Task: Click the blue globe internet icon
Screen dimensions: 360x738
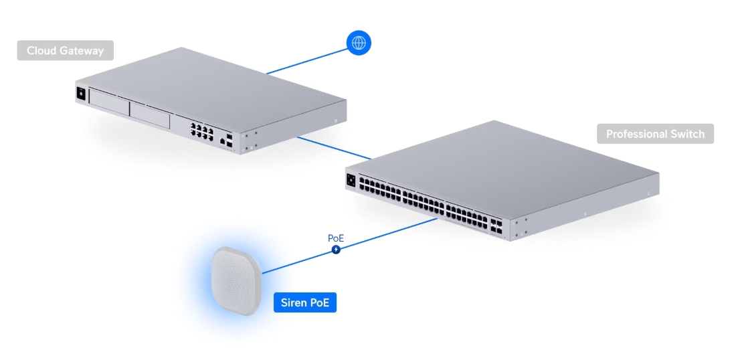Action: tap(359, 43)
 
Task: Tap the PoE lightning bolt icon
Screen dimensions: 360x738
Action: tap(336, 250)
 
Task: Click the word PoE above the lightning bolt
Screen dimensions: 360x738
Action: tap(336, 238)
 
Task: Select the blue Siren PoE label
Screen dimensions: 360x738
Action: tap(304, 303)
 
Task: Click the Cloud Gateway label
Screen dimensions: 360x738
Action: tap(65, 51)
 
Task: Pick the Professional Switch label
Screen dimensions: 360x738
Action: tap(655, 134)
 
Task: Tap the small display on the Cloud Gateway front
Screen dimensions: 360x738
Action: tap(82, 94)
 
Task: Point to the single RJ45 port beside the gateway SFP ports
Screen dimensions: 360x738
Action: tap(221, 141)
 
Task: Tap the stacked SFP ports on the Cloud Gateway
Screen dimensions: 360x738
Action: tap(229, 139)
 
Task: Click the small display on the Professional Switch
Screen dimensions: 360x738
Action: tap(351, 179)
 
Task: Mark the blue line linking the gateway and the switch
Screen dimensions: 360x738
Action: tap(333, 149)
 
